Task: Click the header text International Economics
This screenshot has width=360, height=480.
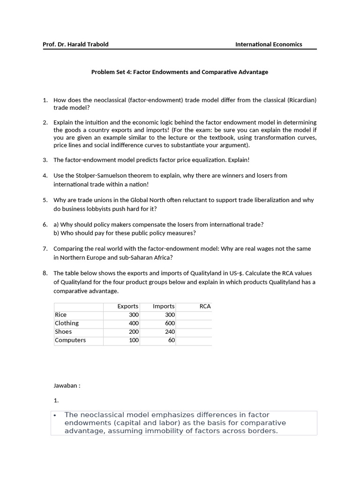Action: point(269,45)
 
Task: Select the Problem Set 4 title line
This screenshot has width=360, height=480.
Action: point(180,72)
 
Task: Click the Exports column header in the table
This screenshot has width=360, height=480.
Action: point(127,306)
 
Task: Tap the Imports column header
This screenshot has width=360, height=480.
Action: point(164,306)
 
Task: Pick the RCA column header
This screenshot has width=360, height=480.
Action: point(205,306)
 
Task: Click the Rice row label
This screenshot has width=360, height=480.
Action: point(61,315)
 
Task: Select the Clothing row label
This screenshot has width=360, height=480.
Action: point(67,323)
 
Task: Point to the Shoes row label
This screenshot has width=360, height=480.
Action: point(63,332)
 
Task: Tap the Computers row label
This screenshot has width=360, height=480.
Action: point(70,340)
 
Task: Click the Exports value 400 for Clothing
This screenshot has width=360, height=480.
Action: point(134,323)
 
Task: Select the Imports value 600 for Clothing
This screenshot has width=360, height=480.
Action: point(170,323)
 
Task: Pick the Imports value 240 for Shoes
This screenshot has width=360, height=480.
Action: point(170,332)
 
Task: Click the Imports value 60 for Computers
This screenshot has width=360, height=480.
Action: point(171,340)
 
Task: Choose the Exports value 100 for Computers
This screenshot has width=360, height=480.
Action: point(134,340)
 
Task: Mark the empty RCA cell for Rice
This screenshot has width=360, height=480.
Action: point(194,315)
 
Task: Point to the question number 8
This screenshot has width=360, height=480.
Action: point(45,273)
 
